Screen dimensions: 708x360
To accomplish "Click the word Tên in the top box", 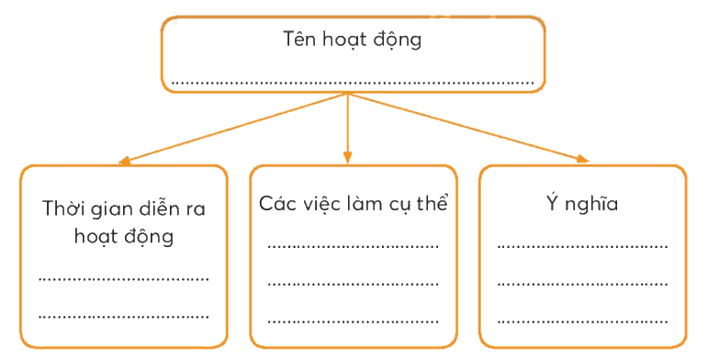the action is [x=298, y=39].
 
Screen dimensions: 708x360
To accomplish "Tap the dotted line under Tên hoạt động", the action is [x=354, y=83].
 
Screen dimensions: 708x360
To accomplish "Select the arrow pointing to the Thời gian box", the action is [x=233, y=129].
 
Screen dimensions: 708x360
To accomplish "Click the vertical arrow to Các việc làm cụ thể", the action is [x=347, y=129].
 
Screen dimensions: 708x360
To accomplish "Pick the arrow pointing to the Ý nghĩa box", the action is [x=468, y=128].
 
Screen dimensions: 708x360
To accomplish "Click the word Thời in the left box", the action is [x=63, y=208].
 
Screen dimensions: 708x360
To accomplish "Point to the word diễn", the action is [x=156, y=208].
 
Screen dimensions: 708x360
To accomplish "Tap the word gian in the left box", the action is [x=111, y=209].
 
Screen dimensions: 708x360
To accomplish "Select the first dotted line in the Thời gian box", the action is [x=124, y=279].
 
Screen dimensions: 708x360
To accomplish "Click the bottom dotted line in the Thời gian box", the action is [x=124, y=317].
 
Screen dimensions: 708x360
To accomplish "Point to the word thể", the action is [x=433, y=202].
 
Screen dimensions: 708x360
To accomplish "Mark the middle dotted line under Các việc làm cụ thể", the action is [x=354, y=284].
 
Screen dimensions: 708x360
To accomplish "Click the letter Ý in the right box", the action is [x=553, y=202].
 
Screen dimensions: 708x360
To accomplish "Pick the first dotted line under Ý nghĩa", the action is [x=582, y=247].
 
